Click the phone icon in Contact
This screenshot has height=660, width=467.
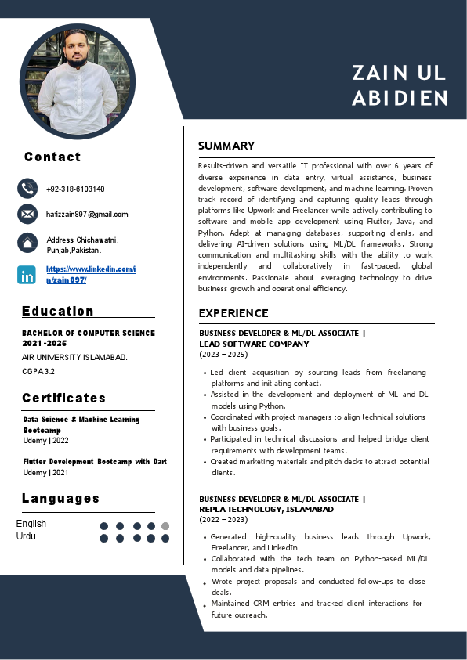(27, 189)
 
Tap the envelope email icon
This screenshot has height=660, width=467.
(27, 214)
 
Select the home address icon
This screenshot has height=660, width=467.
(27, 243)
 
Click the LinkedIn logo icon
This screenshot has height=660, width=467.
(27, 275)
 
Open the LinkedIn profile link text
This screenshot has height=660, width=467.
(90, 274)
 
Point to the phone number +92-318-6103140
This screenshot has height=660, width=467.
(75, 189)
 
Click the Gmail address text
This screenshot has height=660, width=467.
(87, 214)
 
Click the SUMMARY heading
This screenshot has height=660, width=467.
(226, 146)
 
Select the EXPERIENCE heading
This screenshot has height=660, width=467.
(233, 313)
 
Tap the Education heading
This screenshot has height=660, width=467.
(58, 311)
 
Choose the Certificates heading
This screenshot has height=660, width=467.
(63, 398)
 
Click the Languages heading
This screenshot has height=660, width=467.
(61, 498)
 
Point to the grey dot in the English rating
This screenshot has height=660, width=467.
(165, 526)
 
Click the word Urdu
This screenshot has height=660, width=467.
(26, 536)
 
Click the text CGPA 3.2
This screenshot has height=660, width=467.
(38, 371)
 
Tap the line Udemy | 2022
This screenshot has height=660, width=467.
(46, 440)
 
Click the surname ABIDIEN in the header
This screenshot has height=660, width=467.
(400, 99)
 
